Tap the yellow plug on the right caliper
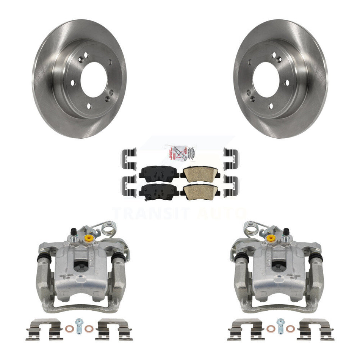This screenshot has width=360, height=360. point(271,238)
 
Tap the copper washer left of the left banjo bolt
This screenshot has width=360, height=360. point(69,328)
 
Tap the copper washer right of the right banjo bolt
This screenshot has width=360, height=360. point(290,328)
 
